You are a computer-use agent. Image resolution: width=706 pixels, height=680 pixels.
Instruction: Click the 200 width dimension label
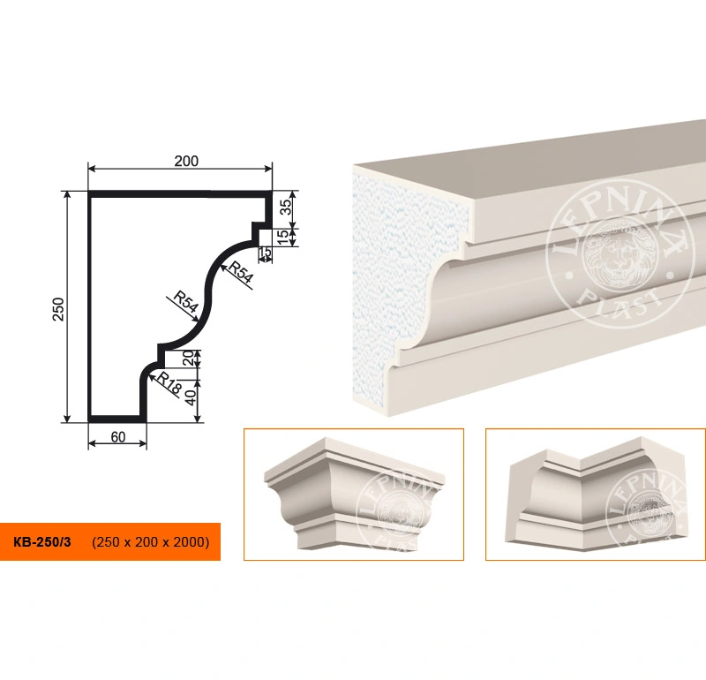186,161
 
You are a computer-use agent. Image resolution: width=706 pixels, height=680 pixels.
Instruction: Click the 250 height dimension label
59,309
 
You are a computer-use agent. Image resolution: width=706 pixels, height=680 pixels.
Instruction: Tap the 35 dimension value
286,208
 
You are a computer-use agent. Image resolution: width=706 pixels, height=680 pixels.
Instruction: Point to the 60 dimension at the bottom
118,436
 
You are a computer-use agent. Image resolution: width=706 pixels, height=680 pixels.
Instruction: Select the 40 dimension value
191,398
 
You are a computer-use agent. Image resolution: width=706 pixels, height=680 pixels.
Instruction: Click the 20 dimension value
189,359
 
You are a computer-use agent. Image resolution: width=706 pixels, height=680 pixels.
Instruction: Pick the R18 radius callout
169,384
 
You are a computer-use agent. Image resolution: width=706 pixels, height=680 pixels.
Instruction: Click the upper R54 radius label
240,272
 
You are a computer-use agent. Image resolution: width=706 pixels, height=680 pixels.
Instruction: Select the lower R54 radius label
185,302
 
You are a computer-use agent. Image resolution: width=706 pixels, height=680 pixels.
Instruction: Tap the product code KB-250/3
41,541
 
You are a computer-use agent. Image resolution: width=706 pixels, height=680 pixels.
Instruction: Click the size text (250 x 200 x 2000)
150,541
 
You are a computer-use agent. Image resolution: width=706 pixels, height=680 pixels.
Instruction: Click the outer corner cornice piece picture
355,494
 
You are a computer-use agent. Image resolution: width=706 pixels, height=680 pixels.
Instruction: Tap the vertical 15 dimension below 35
283,237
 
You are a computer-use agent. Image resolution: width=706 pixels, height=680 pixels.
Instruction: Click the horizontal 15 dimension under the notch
266,253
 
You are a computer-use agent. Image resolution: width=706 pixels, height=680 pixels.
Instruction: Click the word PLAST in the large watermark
620,303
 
